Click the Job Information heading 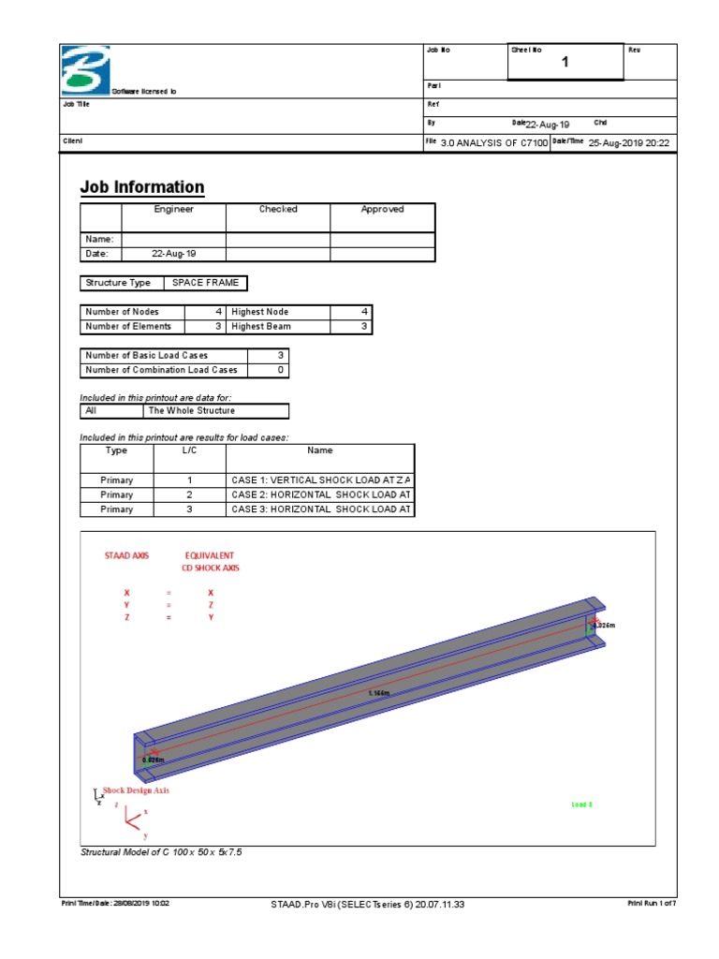pos(141,187)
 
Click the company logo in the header pos(85,69)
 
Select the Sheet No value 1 pos(565,63)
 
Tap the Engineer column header pos(173,210)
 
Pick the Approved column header pos(382,210)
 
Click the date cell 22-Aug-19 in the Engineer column pos(173,254)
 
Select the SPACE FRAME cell pos(205,283)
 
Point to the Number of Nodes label pos(122,312)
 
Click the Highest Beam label pos(260,327)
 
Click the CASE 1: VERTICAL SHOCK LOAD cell pos(320,479)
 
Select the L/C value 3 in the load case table pos(189,509)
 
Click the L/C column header pos(189,450)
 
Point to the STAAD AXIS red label pos(126,555)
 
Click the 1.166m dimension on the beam pos(379,693)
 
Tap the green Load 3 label pos(581,804)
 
